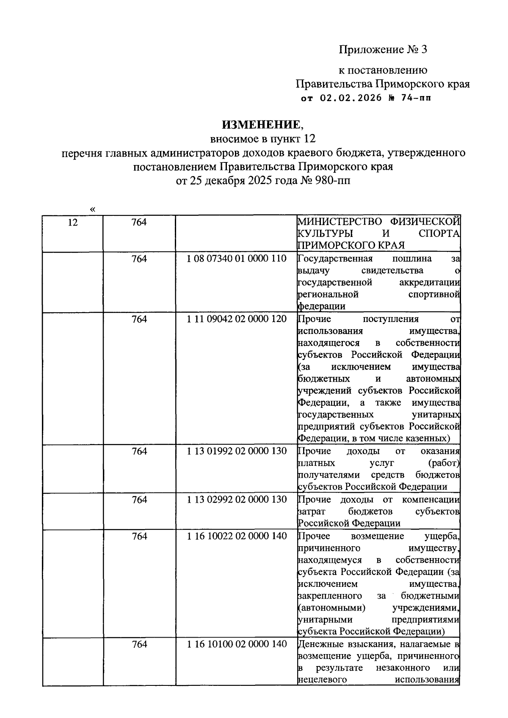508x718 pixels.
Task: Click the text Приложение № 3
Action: point(383,50)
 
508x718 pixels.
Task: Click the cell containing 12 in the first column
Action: point(73,222)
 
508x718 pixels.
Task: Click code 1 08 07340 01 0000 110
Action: point(237,259)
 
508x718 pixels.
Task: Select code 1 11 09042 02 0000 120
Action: point(237,319)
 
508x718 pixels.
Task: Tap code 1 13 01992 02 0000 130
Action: point(237,451)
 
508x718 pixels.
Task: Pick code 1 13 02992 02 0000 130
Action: point(237,499)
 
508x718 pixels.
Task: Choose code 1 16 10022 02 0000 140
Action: point(237,536)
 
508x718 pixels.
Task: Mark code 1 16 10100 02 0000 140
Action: point(237,644)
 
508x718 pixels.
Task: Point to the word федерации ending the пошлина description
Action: point(322,306)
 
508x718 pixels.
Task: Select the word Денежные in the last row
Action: point(318,644)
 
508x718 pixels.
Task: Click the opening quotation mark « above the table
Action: point(93,209)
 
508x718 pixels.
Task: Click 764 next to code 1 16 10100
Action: point(139,644)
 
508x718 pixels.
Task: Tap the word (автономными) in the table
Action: point(332,608)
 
